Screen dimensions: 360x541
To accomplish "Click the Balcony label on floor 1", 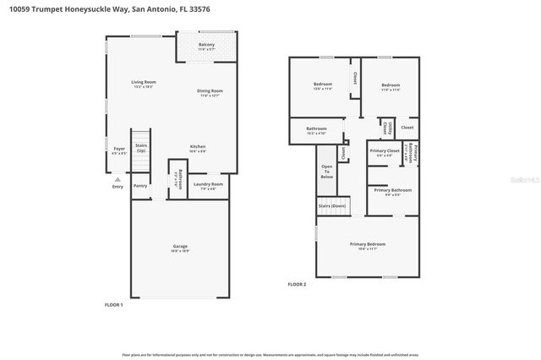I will point(206,46).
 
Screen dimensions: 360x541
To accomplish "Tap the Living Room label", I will point(144,84).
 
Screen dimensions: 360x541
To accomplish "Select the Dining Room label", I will point(210,92).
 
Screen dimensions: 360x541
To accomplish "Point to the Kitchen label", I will point(198,147).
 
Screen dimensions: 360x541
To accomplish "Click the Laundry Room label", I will point(208,185).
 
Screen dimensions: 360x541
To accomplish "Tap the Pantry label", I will point(140,186).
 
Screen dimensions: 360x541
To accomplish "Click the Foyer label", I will point(119,150).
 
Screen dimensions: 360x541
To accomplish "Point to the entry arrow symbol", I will point(117,180).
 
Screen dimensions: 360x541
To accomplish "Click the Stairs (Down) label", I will point(331,205).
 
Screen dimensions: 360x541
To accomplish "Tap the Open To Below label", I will point(327,172).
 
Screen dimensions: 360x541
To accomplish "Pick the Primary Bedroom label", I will point(368,245).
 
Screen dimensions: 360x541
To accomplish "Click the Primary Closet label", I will point(385,152).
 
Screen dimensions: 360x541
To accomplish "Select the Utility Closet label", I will point(385,128).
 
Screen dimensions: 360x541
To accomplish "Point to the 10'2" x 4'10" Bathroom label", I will point(316,130).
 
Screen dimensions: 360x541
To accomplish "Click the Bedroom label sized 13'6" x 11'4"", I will point(323,86).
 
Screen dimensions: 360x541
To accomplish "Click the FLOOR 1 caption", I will point(113,304).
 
